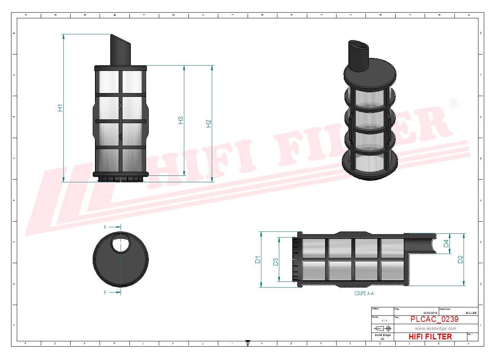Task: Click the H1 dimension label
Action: (x=60, y=108)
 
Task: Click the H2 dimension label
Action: (x=209, y=124)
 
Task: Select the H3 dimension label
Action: (x=181, y=120)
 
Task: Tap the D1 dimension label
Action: (x=258, y=260)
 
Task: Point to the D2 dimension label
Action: (x=460, y=259)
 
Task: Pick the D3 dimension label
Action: (x=275, y=262)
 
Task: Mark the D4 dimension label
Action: (x=446, y=243)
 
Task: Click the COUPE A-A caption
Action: (x=364, y=293)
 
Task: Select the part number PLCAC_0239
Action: (x=434, y=319)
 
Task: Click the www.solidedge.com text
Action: (x=435, y=328)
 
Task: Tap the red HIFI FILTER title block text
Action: (x=430, y=337)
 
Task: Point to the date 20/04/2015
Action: (x=427, y=313)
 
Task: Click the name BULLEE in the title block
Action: (x=471, y=313)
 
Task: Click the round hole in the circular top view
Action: (x=121, y=243)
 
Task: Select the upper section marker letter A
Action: (x=105, y=227)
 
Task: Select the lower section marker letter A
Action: (x=105, y=292)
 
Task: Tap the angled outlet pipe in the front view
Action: (x=120, y=50)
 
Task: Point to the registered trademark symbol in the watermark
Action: (x=454, y=104)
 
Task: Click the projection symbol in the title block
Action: (x=383, y=328)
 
